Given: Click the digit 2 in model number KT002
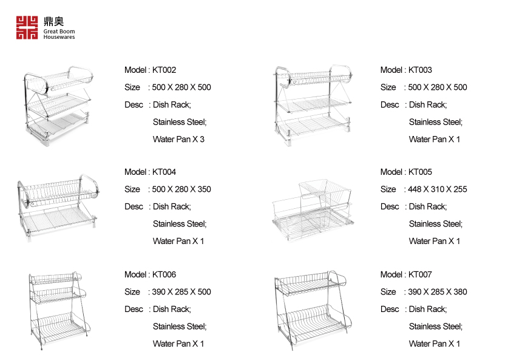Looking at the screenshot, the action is click(x=174, y=70).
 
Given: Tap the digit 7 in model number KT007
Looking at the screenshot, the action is click(x=430, y=274).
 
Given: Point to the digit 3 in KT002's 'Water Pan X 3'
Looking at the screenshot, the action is click(x=202, y=140).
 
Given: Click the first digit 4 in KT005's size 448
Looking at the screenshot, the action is click(x=410, y=189).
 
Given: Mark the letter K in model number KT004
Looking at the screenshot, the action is click(x=155, y=172).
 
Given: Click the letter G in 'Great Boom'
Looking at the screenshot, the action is click(x=46, y=32).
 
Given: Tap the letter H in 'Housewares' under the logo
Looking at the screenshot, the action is click(x=46, y=37).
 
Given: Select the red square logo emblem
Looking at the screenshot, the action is click(x=27, y=28).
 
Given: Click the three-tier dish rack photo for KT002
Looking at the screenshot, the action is click(x=58, y=105).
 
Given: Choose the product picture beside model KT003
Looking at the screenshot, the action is click(x=314, y=105).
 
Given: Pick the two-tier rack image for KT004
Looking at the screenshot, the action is click(x=58, y=208).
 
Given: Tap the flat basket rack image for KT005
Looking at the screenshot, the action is click(x=313, y=210).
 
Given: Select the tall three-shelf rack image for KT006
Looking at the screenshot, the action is click(x=58, y=310).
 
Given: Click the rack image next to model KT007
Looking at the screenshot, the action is click(x=313, y=310).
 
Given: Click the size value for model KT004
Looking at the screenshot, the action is click(x=181, y=189).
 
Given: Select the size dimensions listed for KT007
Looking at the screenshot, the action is click(x=438, y=292).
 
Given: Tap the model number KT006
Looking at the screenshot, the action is click(x=164, y=274).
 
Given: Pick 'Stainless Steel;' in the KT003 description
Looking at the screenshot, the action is click(x=436, y=122).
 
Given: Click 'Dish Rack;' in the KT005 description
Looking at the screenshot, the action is click(x=428, y=207).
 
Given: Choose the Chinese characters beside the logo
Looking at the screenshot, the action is click(x=54, y=21).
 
